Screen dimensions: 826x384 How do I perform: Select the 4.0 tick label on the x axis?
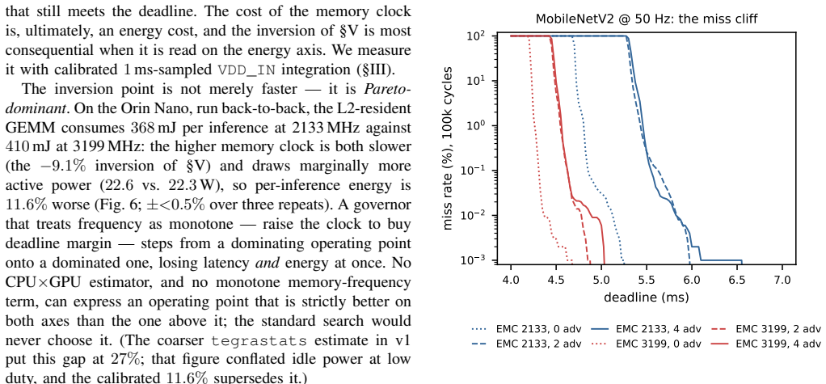511,279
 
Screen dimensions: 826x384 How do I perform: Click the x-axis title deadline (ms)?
647,297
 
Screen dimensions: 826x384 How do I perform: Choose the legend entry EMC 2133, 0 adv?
527,330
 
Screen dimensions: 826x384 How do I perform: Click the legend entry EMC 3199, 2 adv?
765,330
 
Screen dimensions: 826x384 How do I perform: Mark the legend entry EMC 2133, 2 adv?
527,344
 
